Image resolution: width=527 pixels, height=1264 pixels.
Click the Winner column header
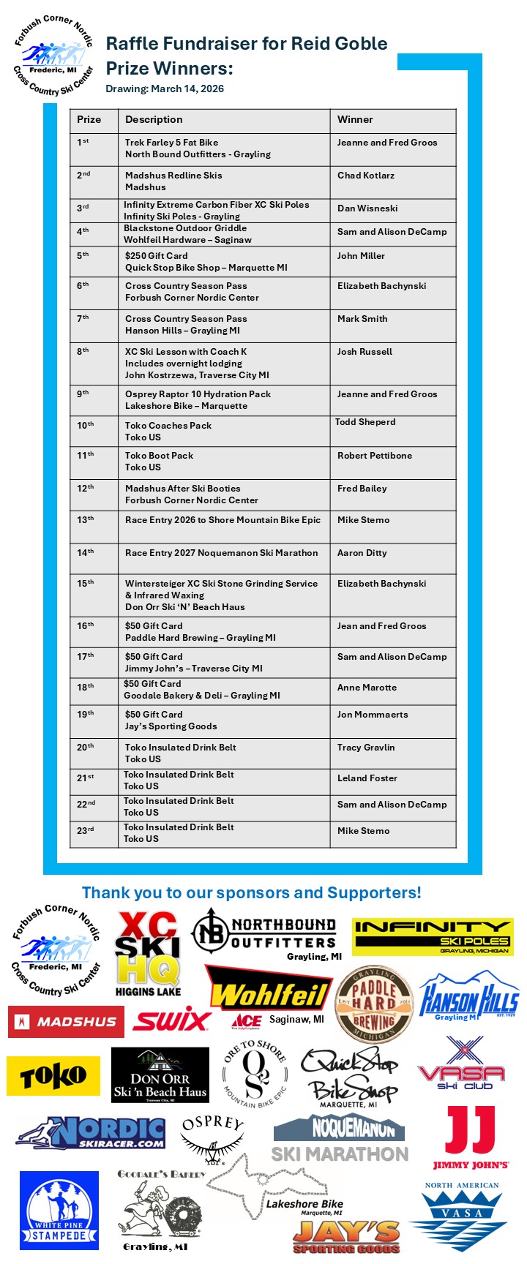click(x=355, y=119)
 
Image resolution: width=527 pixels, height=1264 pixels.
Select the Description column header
click(x=154, y=119)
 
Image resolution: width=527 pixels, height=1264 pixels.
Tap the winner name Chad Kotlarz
click(x=366, y=176)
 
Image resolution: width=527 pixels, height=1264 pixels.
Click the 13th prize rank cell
click(x=86, y=520)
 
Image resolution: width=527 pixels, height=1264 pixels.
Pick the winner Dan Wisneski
click(x=367, y=208)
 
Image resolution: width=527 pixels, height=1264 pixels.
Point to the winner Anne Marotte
click(x=367, y=688)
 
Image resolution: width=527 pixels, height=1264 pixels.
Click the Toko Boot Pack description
click(x=160, y=456)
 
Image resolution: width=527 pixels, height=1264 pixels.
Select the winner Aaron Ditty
click(x=362, y=553)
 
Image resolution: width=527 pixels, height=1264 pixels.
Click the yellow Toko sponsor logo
click(x=53, y=1076)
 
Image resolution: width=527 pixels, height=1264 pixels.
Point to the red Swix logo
click(x=172, y=1019)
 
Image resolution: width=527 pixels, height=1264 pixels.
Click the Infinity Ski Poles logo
click(x=433, y=936)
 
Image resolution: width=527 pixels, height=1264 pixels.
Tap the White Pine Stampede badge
click(x=59, y=1211)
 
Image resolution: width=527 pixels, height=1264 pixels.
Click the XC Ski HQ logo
click(x=148, y=952)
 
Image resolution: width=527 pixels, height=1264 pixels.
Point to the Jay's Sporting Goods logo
click(x=346, y=1237)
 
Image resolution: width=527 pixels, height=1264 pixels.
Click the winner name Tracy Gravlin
click(x=366, y=748)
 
